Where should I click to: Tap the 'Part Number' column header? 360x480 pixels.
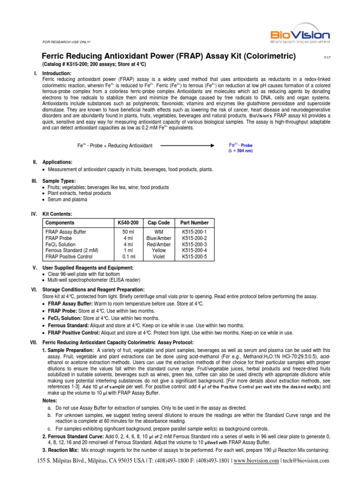click(194, 223)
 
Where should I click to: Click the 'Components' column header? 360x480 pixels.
click(60, 223)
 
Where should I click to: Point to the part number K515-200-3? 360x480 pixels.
click(194, 244)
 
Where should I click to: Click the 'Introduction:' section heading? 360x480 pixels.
click(57, 74)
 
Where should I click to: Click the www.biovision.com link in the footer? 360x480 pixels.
click(256, 460)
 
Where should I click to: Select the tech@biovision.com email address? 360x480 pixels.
click(307, 460)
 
